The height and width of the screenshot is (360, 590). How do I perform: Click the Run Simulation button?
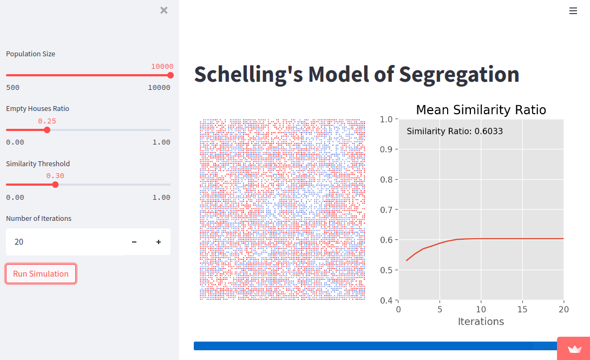click(41, 274)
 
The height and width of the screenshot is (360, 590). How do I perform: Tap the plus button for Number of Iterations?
click(159, 242)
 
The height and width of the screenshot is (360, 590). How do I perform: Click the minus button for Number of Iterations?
click(134, 242)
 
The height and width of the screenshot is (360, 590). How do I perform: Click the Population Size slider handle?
click(171, 75)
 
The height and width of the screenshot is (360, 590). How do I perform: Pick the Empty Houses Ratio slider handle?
click(47, 130)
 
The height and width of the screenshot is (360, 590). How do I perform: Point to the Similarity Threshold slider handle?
click(55, 185)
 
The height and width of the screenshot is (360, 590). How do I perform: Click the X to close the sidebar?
click(164, 10)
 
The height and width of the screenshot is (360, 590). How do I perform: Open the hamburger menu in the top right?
click(573, 10)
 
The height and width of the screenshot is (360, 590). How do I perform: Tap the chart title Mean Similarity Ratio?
click(481, 110)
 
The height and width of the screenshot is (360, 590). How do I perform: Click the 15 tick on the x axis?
click(522, 310)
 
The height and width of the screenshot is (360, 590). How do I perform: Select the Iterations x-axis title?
click(481, 322)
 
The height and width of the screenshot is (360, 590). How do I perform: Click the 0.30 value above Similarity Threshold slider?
click(55, 176)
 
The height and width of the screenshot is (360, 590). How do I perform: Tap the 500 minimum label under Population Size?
click(12, 88)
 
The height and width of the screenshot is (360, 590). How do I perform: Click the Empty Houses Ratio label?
click(37, 109)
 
